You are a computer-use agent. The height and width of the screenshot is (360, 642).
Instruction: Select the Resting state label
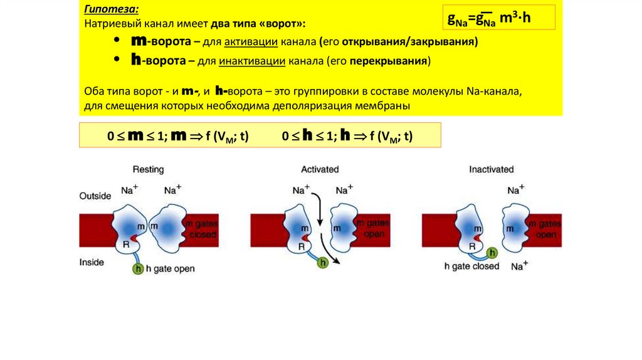click(x=148, y=169)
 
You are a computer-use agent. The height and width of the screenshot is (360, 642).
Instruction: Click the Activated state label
click(x=320, y=169)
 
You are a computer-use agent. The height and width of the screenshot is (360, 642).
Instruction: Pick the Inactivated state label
click(x=491, y=169)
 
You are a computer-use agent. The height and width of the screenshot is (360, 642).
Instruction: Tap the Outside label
click(x=95, y=196)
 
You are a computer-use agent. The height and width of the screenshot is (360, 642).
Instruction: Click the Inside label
click(x=92, y=263)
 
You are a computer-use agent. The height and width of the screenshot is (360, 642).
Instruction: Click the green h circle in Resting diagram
click(x=138, y=269)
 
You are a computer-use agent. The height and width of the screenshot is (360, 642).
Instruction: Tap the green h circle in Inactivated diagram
click(x=493, y=253)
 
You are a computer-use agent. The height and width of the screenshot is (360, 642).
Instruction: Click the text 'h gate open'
click(x=170, y=269)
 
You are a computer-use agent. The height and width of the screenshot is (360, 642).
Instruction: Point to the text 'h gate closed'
click(x=471, y=266)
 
